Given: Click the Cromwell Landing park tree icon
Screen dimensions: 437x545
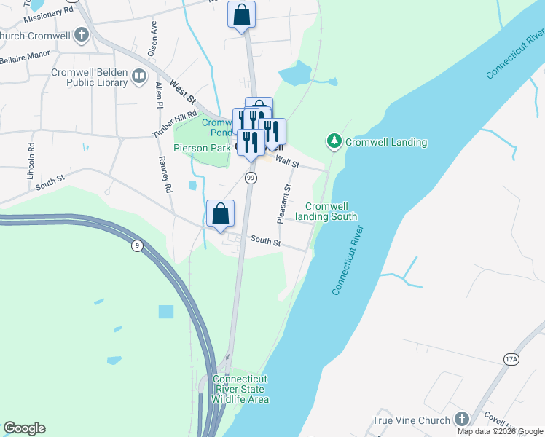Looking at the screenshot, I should [x=334, y=141].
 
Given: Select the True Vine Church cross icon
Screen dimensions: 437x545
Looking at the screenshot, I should [x=460, y=419].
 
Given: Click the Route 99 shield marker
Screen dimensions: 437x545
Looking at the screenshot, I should [x=251, y=178].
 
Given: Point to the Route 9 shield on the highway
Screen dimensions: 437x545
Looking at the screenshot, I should [x=136, y=245].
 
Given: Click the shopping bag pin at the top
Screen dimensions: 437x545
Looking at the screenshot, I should [x=242, y=15].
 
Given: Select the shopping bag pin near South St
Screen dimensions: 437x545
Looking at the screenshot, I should [x=221, y=214].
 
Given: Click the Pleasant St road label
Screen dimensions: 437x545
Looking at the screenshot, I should [x=284, y=203].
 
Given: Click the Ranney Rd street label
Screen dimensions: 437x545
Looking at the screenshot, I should [x=164, y=174].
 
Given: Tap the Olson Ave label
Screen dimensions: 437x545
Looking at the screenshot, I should [x=152, y=39].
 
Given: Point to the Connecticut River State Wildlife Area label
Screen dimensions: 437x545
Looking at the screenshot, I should [x=240, y=389].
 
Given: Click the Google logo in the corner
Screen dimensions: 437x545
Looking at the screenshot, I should [x=24, y=428].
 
